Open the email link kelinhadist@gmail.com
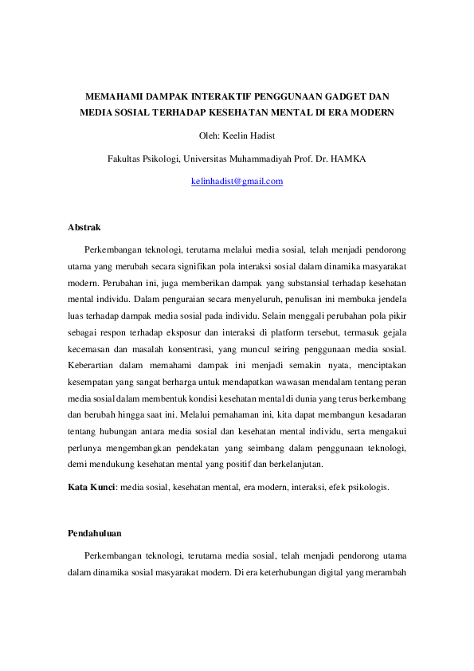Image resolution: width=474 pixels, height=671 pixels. (x=237, y=182)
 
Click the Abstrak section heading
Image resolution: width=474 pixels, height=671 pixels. (x=84, y=228)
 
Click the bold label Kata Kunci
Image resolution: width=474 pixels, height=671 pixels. (x=92, y=486)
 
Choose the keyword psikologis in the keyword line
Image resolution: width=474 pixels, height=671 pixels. (x=367, y=486)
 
